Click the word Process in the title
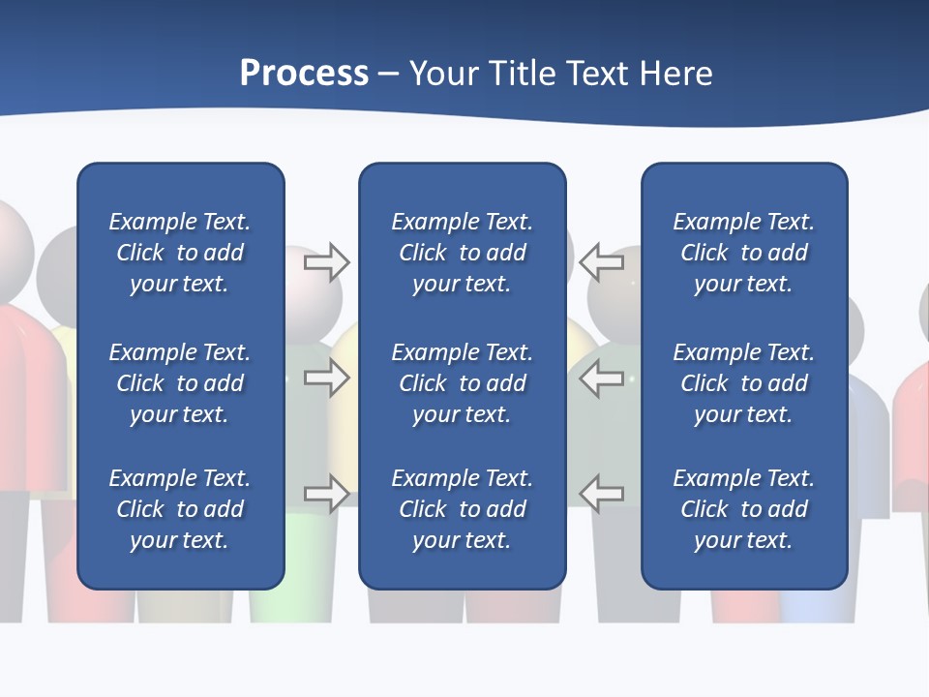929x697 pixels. tap(304, 74)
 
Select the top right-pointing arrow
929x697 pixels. tap(326, 262)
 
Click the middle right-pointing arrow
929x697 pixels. tap(326, 378)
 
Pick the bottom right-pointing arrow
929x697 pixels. tap(326, 493)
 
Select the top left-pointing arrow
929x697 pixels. tap(602, 262)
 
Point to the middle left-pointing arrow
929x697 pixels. tap(602, 378)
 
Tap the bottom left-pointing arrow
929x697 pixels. tap(602, 493)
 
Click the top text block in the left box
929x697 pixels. tap(180, 253)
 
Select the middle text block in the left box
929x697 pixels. tap(180, 383)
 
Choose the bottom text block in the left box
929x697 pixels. tap(180, 509)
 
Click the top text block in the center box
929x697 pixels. tap(462, 253)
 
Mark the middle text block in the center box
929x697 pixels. tap(462, 383)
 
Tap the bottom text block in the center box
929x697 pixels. tap(462, 509)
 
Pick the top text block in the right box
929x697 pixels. tap(743, 253)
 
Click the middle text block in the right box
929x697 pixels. tap(743, 383)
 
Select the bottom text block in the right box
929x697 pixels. tap(743, 509)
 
